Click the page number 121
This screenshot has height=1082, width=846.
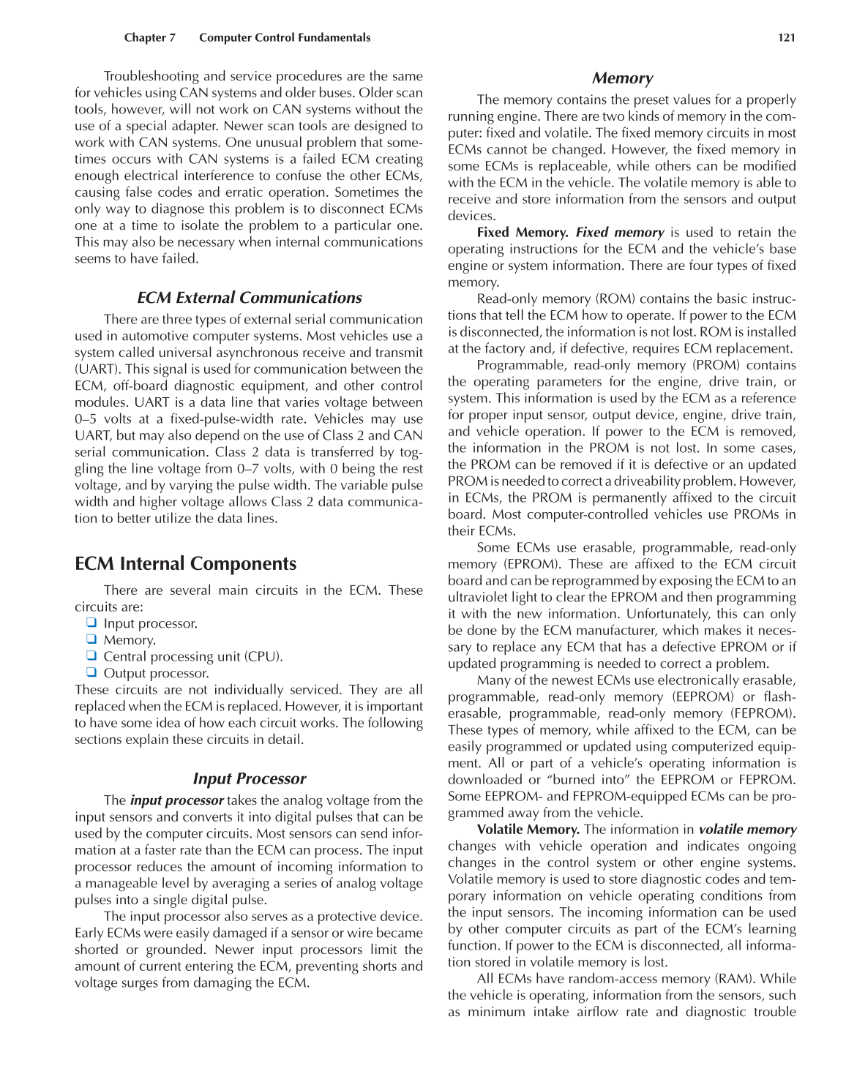click(x=786, y=38)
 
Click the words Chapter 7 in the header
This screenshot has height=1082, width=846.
click(x=149, y=38)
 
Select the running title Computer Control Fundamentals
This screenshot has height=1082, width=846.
click(x=285, y=38)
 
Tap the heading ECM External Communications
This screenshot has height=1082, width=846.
click(x=249, y=298)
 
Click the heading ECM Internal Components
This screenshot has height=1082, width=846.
click(x=185, y=564)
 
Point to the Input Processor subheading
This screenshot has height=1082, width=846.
click(x=249, y=779)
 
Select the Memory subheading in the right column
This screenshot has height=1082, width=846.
click(x=622, y=78)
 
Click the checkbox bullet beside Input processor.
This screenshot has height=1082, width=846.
click(x=91, y=623)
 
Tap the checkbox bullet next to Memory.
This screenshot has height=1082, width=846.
click(x=91, y=639)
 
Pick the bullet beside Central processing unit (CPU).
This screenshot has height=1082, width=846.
click(x=91, y=656)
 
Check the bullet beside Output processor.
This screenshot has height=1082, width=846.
click(x=91, y=672)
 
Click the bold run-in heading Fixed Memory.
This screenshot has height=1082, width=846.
click(x=522, y=233)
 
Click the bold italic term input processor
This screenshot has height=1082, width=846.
click(x=176, y=800)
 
